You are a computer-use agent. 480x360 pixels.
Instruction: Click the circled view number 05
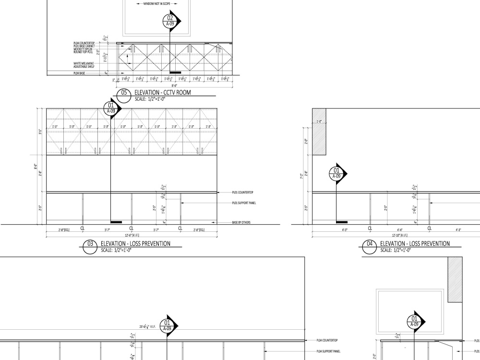(124, 94)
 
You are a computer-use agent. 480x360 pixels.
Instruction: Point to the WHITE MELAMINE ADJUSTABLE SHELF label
(84, 64)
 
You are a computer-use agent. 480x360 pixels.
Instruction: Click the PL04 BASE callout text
(79, 73)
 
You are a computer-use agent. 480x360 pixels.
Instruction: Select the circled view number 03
(89, 245)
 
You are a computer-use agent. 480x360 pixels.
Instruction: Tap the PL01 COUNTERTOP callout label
(242, 192)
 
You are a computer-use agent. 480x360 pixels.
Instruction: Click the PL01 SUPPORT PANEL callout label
(243, 203)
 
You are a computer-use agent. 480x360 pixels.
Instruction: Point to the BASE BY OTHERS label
(241, 223)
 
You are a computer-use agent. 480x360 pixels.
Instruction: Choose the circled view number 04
(370, 245)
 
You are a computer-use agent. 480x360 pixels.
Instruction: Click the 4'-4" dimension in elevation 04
(399, 230)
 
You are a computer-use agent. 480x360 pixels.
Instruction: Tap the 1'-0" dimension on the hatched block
(319, 121)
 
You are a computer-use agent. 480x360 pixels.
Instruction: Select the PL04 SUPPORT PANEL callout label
(329, 351)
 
